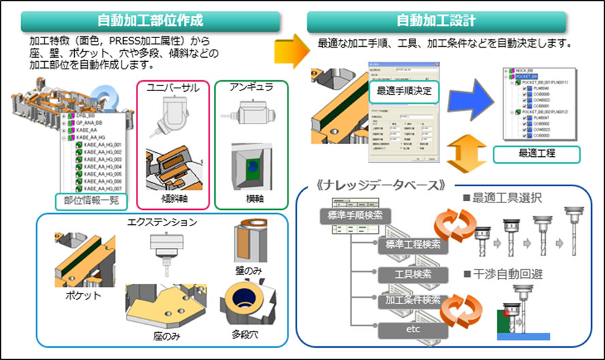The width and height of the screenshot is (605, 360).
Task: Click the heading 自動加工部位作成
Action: (x=151, y=20)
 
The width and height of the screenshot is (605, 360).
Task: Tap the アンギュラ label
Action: (x=249, y=88)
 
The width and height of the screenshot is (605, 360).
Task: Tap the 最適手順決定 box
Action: (x=404, y=90)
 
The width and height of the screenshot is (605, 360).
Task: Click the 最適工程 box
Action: (x=536, y=154)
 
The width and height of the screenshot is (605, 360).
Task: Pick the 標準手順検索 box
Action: (x=351, y=217)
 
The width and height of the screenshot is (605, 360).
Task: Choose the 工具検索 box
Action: (x=415, y=274)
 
